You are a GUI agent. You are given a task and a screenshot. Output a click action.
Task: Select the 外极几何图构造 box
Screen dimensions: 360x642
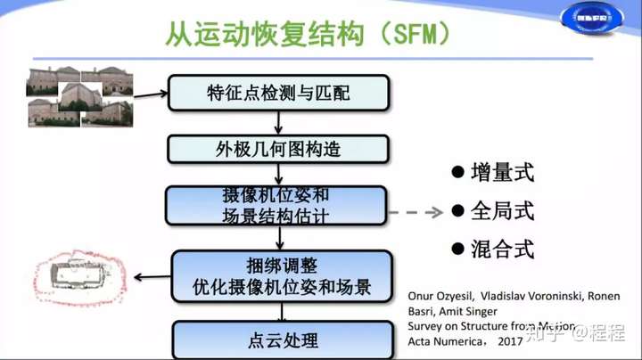[x=279, y=149]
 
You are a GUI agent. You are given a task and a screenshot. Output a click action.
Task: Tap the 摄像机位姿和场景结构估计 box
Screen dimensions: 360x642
[x=276, y=206]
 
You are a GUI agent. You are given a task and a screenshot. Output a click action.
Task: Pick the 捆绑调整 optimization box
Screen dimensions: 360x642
[x=282, y=276]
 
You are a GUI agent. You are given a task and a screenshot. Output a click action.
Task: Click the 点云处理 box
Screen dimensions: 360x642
[x=282, y=340]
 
